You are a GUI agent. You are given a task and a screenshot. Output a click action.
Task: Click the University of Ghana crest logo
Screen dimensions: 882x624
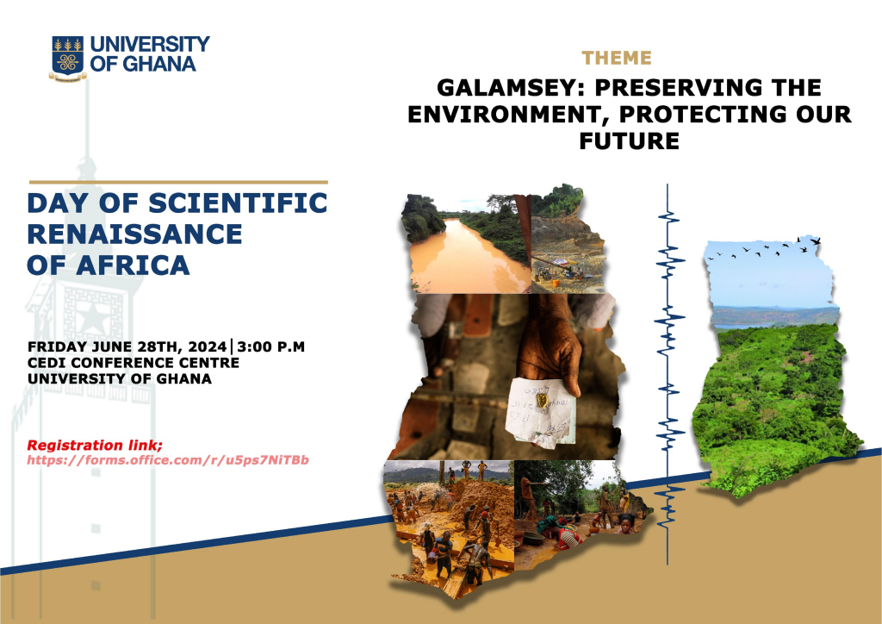pos(68,59)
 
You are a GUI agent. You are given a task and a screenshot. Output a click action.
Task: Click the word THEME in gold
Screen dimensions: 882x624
pos(617,58)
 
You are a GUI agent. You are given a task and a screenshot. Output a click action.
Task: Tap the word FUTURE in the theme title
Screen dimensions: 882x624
pos(630,140)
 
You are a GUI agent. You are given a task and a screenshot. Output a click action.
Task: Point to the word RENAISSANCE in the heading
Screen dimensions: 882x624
pos(134,234)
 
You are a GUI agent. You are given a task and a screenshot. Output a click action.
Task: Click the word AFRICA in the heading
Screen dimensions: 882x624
pos(134,265)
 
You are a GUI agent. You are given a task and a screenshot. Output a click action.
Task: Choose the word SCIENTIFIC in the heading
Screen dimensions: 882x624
pos(238,203)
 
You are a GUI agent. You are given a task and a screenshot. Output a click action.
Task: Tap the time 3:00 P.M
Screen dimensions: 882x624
pos(270,346)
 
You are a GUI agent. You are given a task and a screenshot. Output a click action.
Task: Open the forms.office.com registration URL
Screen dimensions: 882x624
pos(168,460)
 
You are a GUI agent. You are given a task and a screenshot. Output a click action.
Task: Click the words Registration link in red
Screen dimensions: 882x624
pos(95,445)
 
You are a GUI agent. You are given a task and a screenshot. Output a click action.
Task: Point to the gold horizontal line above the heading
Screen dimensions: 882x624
pos(178,183)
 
